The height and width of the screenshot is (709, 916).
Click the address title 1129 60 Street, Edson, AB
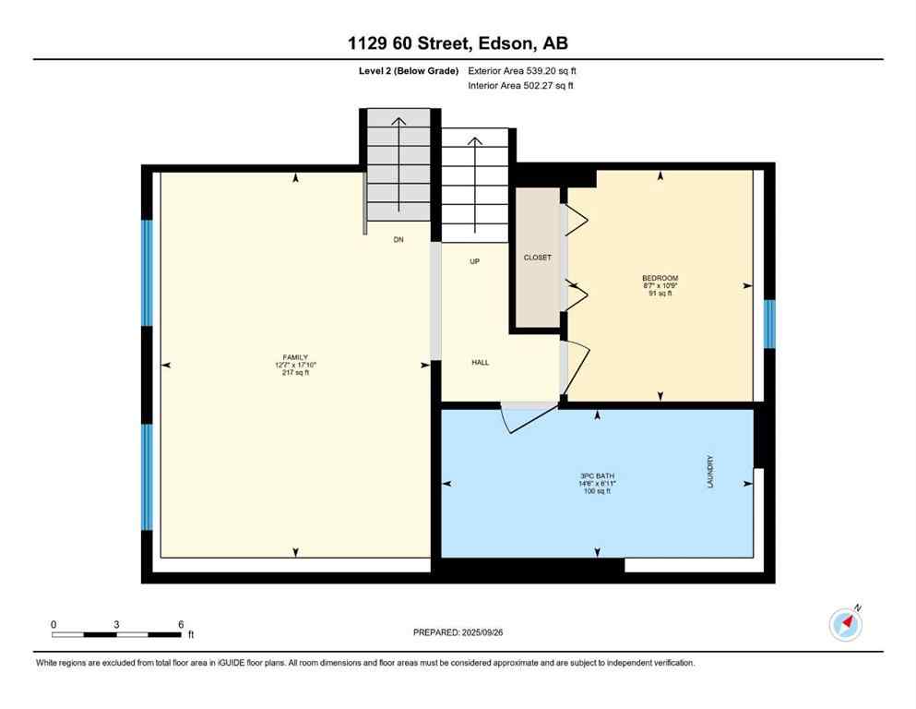[458, 43]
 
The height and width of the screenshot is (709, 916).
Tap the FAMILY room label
[295, 357]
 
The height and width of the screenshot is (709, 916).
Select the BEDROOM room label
[660, 278]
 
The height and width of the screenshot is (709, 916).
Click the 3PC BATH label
[597, 476]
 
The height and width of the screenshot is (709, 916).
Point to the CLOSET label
[537, 258]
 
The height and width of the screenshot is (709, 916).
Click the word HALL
[480, 363]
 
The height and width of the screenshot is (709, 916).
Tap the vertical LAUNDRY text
[710, 471]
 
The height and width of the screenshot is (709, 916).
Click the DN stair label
[399, 240]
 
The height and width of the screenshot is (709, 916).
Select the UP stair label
[475, 261]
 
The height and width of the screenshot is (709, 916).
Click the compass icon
[845, 624]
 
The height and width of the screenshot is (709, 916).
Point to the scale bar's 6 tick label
[180, 623]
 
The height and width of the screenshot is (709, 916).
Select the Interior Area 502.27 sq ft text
[522, 86]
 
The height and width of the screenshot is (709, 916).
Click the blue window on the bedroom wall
[770, 324]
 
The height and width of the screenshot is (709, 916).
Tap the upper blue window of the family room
[147, 272]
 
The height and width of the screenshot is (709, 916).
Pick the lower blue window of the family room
[147, 476]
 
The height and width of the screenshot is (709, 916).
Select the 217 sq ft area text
[295, 373]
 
